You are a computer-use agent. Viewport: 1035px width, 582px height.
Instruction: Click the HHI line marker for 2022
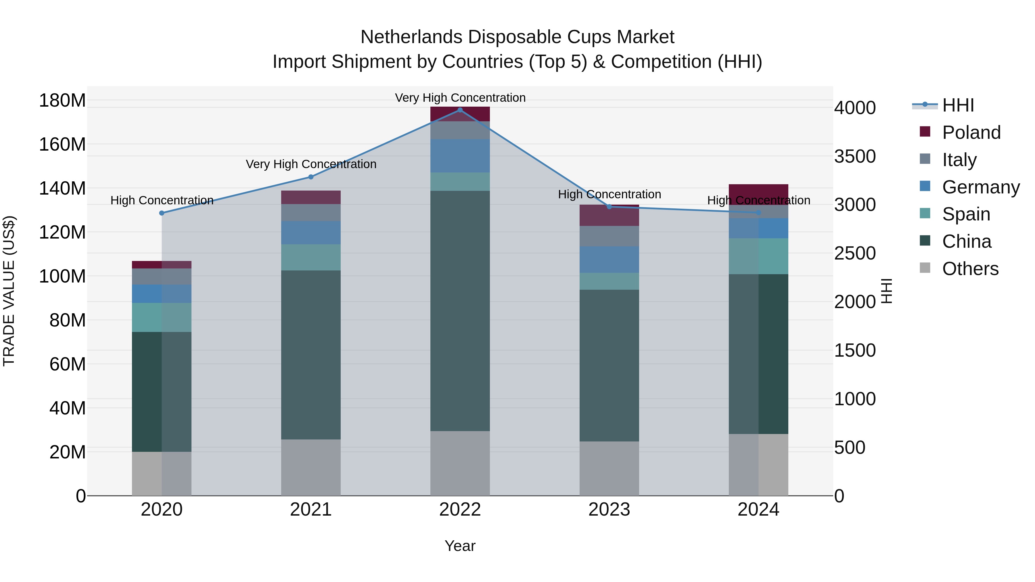(x=460, y=110)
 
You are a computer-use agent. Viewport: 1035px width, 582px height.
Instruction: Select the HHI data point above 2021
(x=310, y=177)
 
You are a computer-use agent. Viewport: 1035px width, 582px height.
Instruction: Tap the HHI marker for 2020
(x=162, y=213)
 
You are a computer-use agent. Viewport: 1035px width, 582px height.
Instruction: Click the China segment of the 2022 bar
(x=460, y=311)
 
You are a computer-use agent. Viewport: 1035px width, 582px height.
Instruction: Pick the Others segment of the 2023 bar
(x=609, y=468)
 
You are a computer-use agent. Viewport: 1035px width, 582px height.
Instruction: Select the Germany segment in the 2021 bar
(x=310, y=233)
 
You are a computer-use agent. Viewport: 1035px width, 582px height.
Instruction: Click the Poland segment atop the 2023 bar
(x=609, y=216)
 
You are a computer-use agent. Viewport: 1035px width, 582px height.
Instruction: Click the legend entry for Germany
(x=980, y=187)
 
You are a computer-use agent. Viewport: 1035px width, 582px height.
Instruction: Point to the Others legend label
(x=970, y=269)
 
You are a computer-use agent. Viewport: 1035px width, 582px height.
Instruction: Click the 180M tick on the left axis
(x=62, y=100)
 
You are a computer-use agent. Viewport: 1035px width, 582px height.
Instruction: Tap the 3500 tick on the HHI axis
(x=855, y=156)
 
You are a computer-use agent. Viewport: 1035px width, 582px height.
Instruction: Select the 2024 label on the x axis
(x=758, y=510)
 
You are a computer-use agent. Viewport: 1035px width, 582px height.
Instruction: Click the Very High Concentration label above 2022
(x=460, y=98)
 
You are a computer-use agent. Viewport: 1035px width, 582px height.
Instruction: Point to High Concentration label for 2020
(x=162, y=200)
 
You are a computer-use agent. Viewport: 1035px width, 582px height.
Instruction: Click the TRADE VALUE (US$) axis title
(x=9, y=291)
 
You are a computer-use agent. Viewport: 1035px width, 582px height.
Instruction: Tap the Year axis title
(x=460, y=546)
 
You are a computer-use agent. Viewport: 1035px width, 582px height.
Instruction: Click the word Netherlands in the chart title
(x=411, y=37)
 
